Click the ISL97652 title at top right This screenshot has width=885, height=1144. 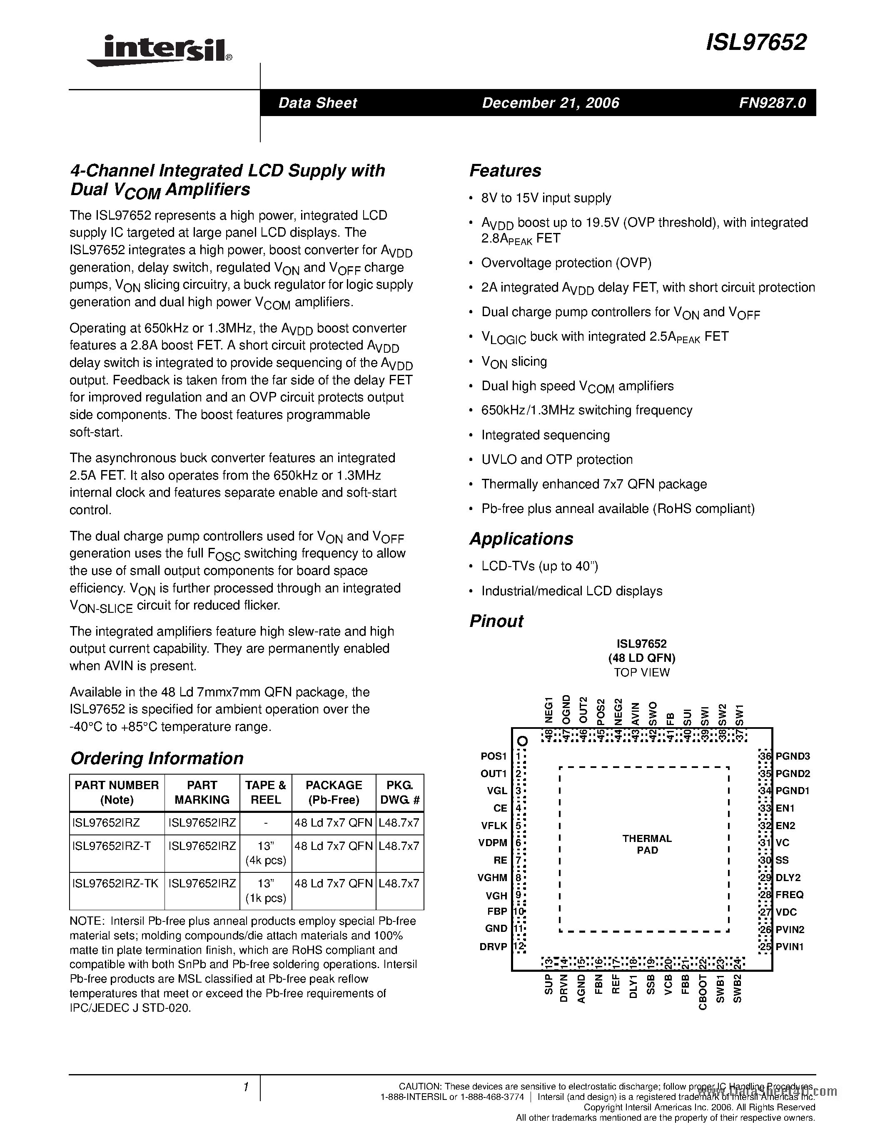(x=755, y=42)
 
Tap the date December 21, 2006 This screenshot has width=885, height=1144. (x=551, y=103)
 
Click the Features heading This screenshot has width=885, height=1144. (x=505, y=171)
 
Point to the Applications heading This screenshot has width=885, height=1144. (x=521, y=539)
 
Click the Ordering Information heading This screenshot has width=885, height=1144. (x=157, y=758)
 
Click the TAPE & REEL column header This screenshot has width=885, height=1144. (x=265, y=792)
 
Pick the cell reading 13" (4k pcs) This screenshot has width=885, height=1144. (x=265, y=853)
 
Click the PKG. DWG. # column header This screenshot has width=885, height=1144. (x=399, y=792)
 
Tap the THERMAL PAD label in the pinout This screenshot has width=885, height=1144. (x=647, y=844)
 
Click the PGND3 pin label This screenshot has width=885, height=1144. (x=793, y=756)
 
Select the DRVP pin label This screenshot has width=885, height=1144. (x=494, y=946)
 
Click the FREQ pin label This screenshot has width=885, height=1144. (x=790, y=895)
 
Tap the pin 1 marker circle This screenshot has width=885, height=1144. (x=522, y=741)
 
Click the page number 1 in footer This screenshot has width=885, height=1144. (x=245, y=1087)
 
